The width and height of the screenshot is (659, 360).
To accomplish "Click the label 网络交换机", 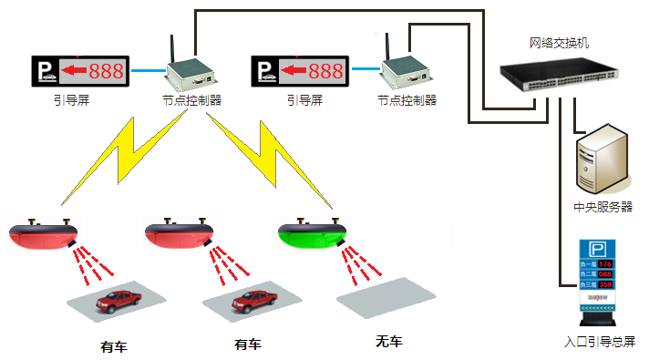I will pos(560,43).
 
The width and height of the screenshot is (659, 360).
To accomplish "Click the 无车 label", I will pos(388,342).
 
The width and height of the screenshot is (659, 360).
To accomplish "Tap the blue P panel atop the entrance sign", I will pos(599,249).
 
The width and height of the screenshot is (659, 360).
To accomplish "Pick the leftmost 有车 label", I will pos(114,346).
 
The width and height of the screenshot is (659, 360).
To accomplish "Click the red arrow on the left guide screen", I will pos(74,70).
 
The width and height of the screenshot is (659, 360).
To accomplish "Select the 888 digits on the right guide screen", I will pos(325,70).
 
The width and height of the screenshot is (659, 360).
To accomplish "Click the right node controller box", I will pos(403,72).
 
